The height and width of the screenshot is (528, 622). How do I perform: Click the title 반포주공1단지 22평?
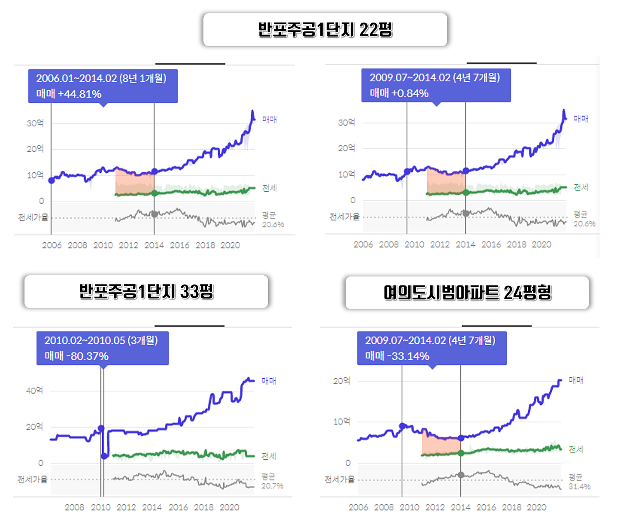tap(325, 30)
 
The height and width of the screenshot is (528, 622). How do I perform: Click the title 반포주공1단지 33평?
tap(146, 292)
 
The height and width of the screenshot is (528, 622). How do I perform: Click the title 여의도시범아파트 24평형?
tap(467, 293)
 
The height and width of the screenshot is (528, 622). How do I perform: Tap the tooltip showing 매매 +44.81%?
tap(103, 86)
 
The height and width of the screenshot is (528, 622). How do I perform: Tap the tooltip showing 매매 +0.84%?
tap(436, 85)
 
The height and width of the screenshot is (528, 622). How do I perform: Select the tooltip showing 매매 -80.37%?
tap(102, 348)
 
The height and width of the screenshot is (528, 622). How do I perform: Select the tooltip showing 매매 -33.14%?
tap(432, 348)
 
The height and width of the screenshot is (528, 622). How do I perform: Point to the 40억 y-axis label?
tap(34, 390)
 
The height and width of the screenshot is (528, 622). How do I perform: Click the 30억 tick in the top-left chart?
tap(35, 123)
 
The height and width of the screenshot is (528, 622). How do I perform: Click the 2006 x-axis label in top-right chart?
tap(363, 245)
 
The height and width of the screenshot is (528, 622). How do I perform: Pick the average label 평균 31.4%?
tap(579, 482)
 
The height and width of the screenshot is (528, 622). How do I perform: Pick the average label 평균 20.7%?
tap(272, 481)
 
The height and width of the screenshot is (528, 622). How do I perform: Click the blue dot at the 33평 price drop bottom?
tap(104, 456)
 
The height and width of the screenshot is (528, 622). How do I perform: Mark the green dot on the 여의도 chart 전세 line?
tap(461, 453)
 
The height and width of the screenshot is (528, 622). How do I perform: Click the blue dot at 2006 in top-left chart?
tap(51, 180)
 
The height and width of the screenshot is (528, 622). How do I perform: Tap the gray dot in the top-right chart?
tap(465, 213)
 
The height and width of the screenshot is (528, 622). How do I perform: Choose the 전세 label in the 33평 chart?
tap(269, 456)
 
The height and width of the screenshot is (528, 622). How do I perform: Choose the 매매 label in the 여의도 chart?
tap(576, 380)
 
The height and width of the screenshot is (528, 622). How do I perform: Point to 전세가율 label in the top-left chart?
tap(33, 217)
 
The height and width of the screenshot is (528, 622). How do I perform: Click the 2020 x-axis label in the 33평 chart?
tap(229, 507)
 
